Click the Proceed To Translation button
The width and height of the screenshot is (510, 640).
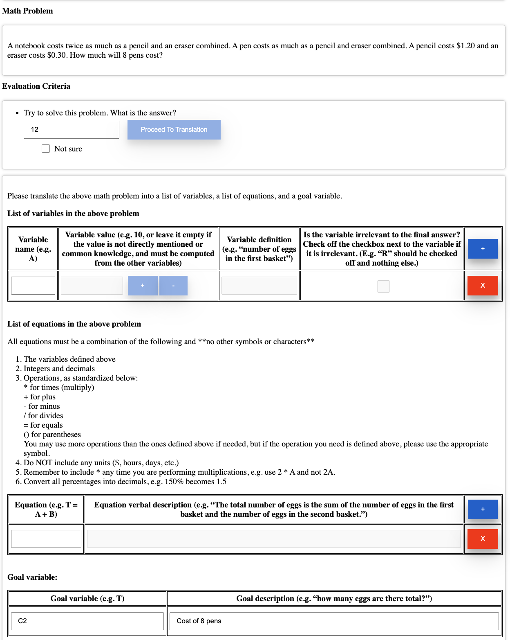tap(174, 130)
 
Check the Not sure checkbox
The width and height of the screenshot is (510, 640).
tap(46, 149)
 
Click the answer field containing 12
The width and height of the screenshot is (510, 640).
tap(72, 130)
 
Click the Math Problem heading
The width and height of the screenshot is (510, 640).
tap(27, 11)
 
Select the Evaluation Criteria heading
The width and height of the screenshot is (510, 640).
tap(36, 86)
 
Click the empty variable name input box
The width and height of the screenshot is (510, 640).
tap(33, 286)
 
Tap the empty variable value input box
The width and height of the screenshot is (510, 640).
tap(92, 286)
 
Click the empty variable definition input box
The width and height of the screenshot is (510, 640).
tap(259, 286)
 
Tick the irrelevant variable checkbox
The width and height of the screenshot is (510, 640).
tap(383, 286)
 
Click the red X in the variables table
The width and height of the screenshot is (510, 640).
tap(483, 286)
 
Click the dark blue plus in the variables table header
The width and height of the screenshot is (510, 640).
tap(483, 249)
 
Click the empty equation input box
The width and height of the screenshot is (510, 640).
tap(46, 539)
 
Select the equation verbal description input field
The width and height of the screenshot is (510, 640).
tap(274, 539)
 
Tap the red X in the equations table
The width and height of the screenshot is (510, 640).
tap(483, 539)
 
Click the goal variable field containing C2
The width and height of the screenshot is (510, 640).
tap(87, 621)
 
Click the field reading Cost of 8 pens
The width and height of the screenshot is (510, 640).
tap(334, 621)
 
